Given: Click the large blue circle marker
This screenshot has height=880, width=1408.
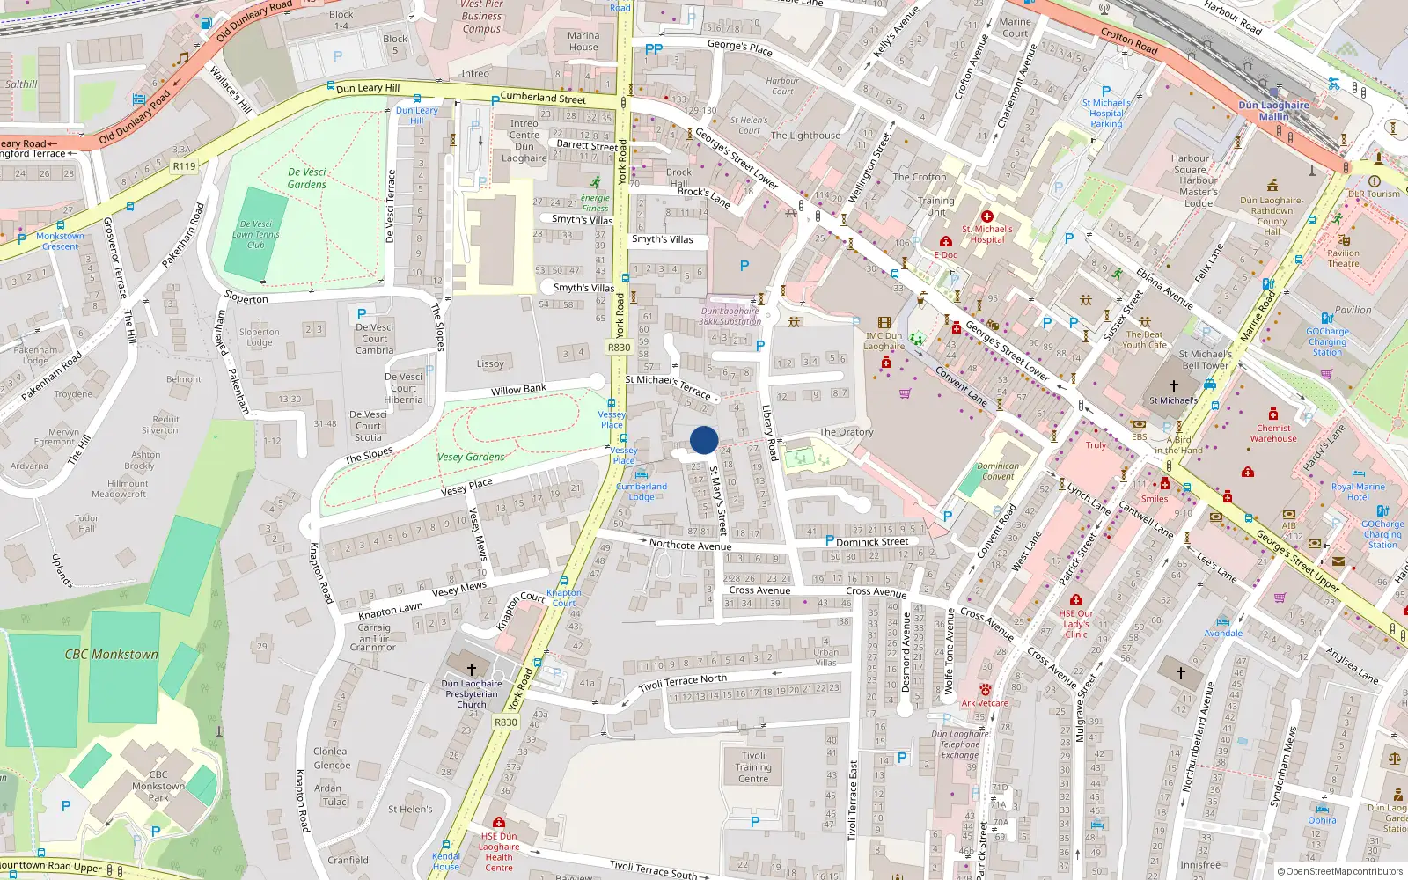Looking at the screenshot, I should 704,440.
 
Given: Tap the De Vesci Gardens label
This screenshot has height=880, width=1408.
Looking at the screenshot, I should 307,179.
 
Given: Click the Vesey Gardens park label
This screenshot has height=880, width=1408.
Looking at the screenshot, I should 471,457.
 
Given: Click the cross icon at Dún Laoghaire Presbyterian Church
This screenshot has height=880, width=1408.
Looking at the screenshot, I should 472,670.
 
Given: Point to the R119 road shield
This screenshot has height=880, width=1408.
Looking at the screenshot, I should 184,165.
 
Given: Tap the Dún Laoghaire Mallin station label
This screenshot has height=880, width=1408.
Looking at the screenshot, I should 1273,110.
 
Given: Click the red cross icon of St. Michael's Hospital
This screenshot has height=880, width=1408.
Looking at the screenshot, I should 986,216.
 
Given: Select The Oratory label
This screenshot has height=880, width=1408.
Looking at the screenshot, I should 846,432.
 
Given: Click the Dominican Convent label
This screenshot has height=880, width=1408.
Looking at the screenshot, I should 998,472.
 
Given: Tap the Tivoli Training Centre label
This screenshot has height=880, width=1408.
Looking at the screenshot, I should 753,767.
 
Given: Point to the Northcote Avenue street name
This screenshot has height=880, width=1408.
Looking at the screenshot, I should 690,545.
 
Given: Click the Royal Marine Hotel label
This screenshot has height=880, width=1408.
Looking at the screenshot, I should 1358,491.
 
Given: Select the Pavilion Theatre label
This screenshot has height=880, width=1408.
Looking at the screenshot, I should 1343,258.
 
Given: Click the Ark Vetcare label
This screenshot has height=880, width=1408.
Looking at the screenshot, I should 985,703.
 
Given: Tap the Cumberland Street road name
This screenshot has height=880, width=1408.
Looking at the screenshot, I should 543,98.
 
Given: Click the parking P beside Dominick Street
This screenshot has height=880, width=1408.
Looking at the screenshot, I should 829,541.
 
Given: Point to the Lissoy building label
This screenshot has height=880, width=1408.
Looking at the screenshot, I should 490,363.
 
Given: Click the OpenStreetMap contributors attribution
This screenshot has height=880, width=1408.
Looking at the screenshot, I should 1340,872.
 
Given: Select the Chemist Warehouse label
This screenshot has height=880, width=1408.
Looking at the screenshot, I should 1272,433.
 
